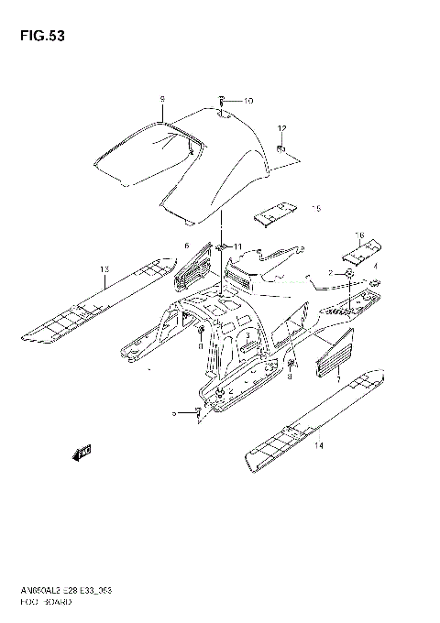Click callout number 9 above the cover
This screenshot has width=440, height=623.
[x=161, y=98]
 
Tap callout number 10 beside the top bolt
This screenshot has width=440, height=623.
[x=247, y=101]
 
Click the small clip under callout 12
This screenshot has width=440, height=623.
[x=281, y=148]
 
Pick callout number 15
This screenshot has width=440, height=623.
[x=316, y=209]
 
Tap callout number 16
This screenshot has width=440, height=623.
[x=360, y=235]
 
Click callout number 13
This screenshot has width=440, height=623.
[x=105, y=268]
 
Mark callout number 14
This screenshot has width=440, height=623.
[x=319, y=446]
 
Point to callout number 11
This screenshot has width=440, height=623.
[x=239, y=247]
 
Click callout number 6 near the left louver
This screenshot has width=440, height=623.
[x=185, y=246]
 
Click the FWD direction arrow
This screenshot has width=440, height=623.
[x=83, y=450]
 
